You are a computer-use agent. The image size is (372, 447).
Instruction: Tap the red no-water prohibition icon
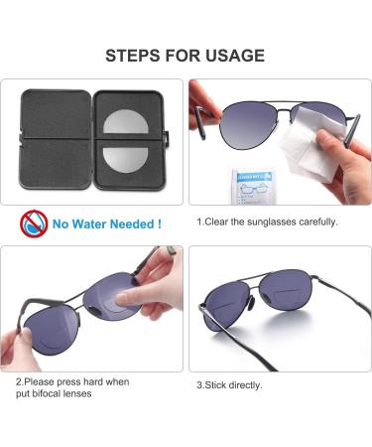[33, 223]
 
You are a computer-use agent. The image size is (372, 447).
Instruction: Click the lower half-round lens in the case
[126, 159]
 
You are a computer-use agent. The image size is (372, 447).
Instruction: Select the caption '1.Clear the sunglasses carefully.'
[267, 222]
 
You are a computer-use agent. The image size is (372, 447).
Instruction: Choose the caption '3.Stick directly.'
[229, 384]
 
